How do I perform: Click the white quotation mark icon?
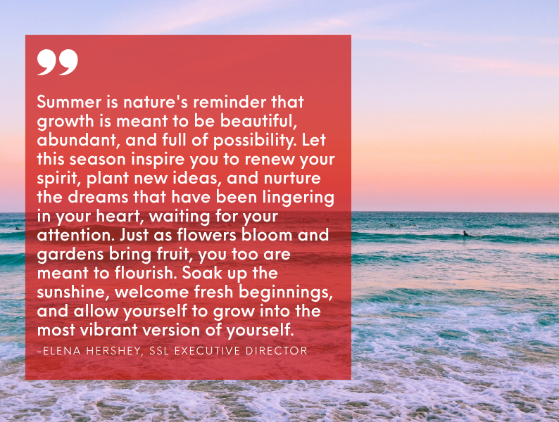point(58,62)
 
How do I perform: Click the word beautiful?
point(258,121)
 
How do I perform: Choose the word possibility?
point(255,141)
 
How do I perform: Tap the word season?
point(97,159)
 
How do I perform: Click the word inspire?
point(158,160)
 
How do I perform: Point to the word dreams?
point(98,197)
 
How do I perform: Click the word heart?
point(120,216)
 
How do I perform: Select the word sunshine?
point(74,293)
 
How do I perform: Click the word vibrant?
point(108,330)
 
